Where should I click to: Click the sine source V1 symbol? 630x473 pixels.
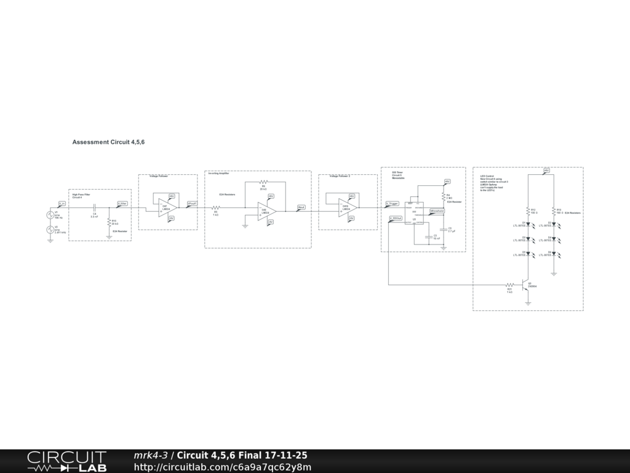(50, 215)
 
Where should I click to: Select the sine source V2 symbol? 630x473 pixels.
(50, 230)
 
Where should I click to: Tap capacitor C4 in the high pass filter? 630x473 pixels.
(94, 208)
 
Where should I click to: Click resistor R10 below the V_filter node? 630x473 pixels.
(109, 223)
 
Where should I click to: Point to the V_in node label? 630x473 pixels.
(62, 203)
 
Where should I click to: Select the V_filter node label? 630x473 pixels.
(122, 203)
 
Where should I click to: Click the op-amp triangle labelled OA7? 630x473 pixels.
(165, 208)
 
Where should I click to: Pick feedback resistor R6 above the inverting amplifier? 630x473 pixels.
(263, 182)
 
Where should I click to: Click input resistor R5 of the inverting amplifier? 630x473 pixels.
(215, 208)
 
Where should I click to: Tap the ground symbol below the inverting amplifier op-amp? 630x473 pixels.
(245, 226)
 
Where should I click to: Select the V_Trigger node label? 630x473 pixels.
(392, 203)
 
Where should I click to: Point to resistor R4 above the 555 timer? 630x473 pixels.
(443, 196)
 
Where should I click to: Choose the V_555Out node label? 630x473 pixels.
(395, 218)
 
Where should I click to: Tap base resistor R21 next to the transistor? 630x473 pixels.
(509, 285)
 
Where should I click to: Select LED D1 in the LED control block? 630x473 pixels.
(527, 225)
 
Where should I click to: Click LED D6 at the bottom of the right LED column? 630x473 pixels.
(554, 254)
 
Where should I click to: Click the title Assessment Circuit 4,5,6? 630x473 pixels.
(108, 142)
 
